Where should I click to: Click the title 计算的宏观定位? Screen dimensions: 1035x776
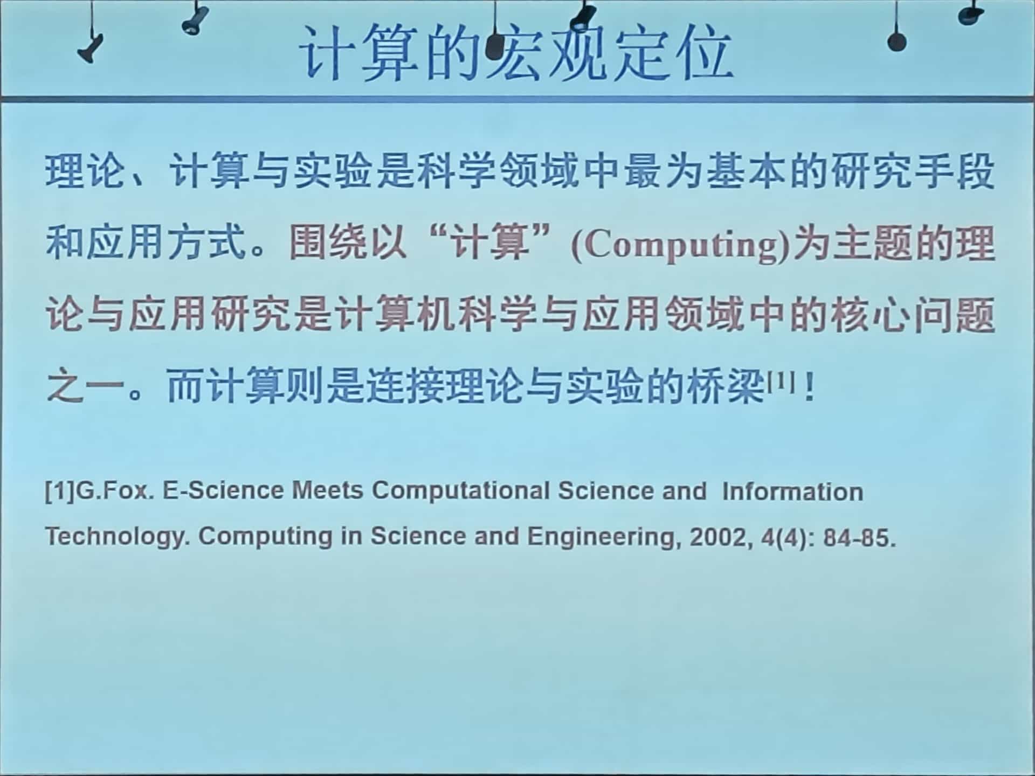pyautogui.click(x=516, y=53)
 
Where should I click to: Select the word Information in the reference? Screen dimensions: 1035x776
pyautogui.click(x=792, y=492)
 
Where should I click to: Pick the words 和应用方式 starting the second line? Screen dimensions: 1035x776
pyautogui.click(x=146, y=242)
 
